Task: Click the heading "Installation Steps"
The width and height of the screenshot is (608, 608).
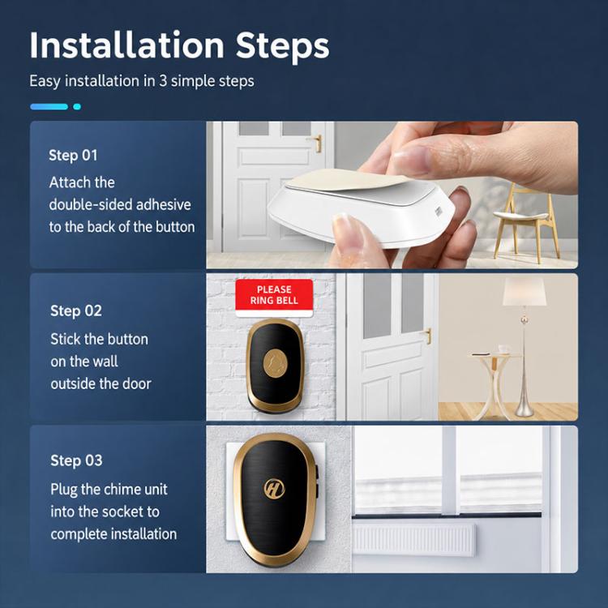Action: coord(179,45)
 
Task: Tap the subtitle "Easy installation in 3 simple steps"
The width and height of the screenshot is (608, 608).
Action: coord(142,81)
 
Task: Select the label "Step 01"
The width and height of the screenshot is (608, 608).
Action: coord(73,155)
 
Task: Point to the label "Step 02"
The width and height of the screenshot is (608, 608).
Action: coord(76,310)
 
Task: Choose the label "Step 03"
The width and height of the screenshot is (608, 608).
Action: coord(76,460)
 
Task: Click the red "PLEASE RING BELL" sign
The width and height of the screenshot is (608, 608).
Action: coord(274,298)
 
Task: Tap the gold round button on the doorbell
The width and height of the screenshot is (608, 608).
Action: coord(276,363)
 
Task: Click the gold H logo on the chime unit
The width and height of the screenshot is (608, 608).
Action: coord(274,489)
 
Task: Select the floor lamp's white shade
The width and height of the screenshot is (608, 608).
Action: coord(524,291)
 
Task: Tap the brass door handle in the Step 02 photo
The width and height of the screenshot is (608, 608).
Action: coord(427,336)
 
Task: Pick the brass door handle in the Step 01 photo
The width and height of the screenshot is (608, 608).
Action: coord(317,143)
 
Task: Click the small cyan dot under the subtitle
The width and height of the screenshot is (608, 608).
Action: coord(77,107)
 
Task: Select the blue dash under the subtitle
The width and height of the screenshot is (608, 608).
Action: coord(49,107)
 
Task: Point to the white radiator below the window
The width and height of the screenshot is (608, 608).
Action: coord(413,539)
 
